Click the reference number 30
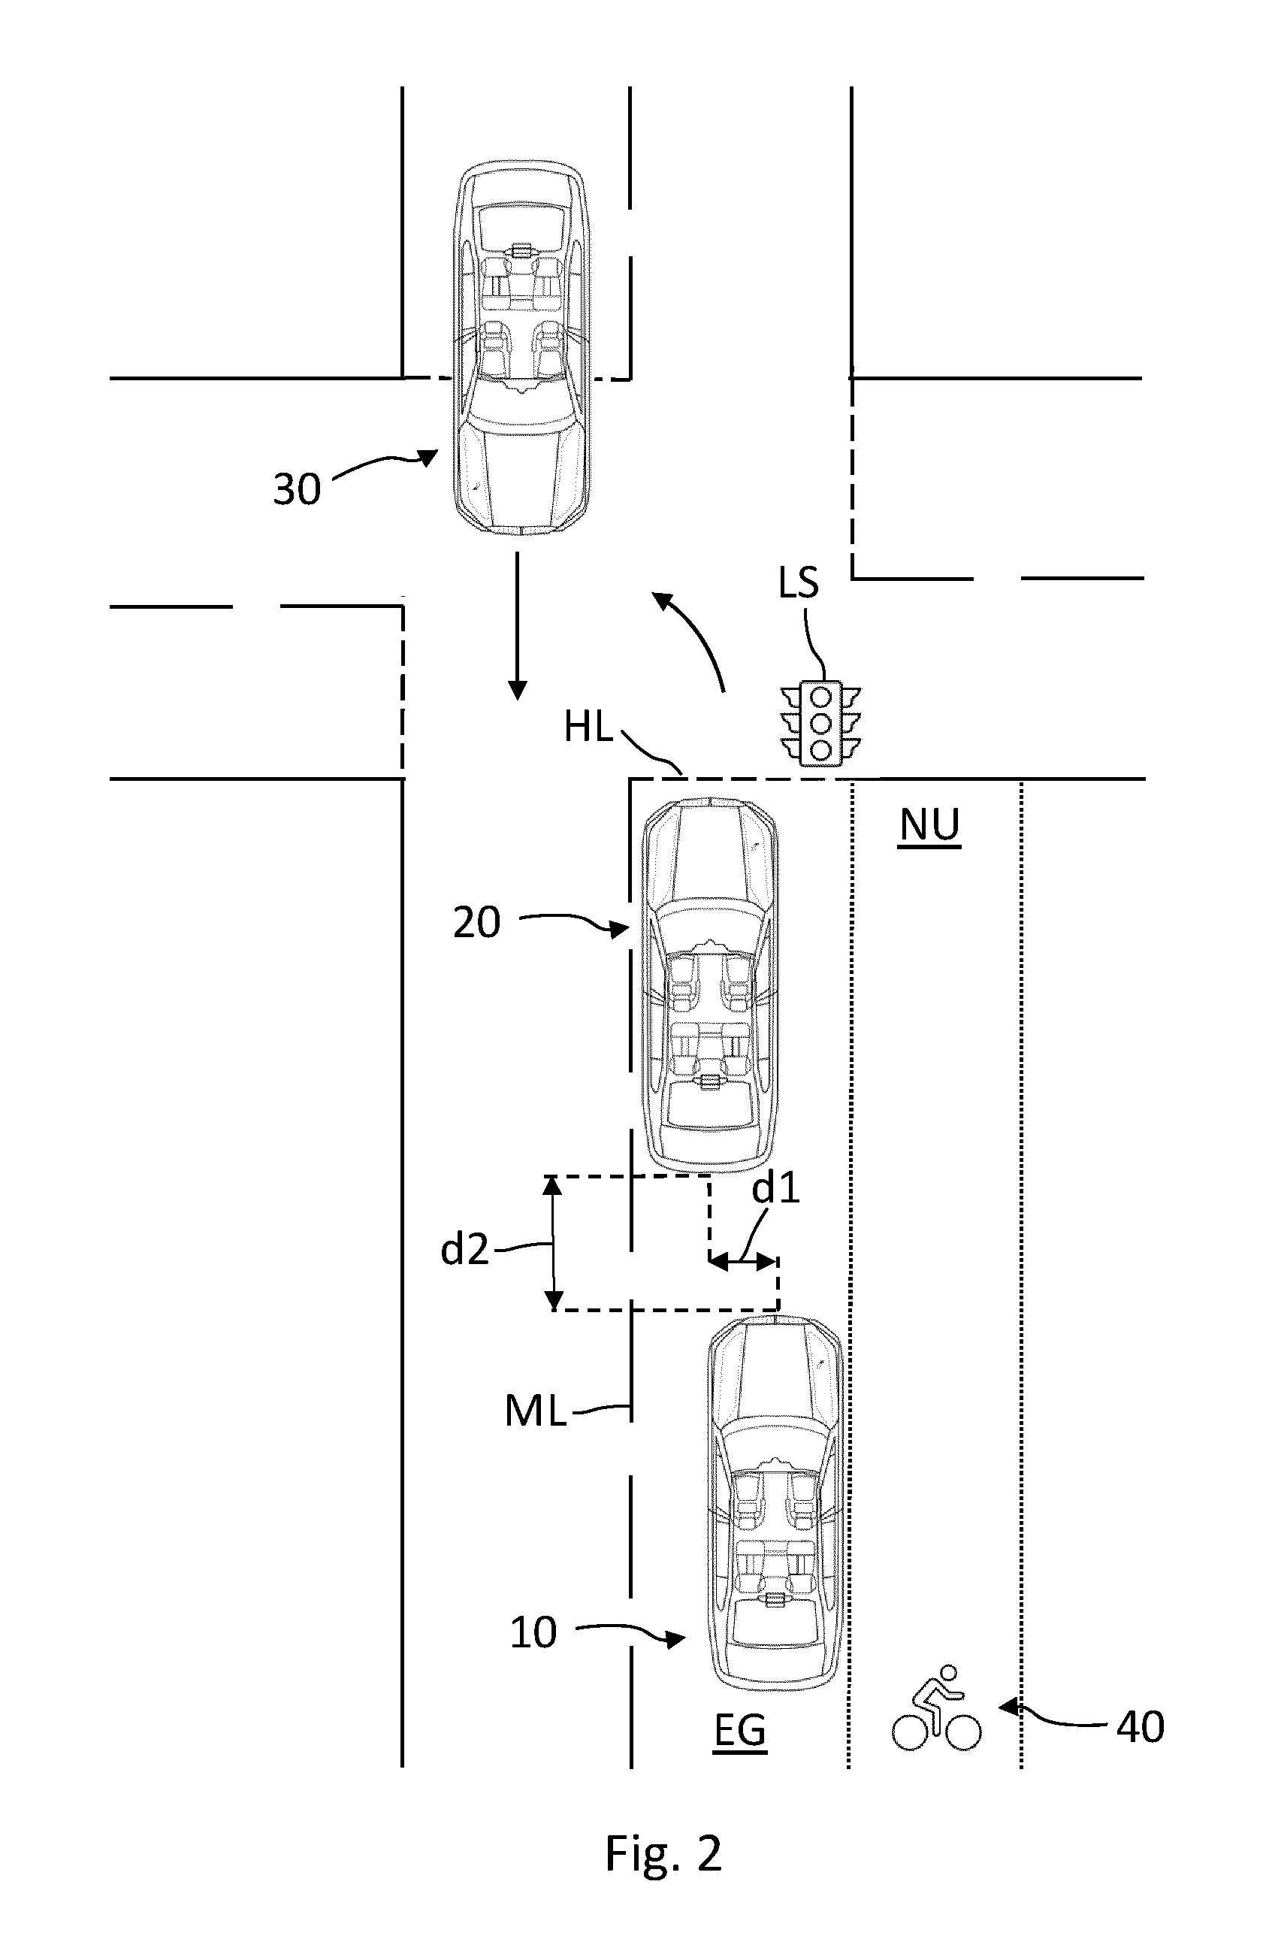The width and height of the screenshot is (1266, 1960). click(297, 489)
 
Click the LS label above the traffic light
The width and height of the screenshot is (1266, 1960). click(799, 582)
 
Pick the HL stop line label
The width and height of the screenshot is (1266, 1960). click(588, 727)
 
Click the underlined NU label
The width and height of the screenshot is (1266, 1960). click(929, 825)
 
